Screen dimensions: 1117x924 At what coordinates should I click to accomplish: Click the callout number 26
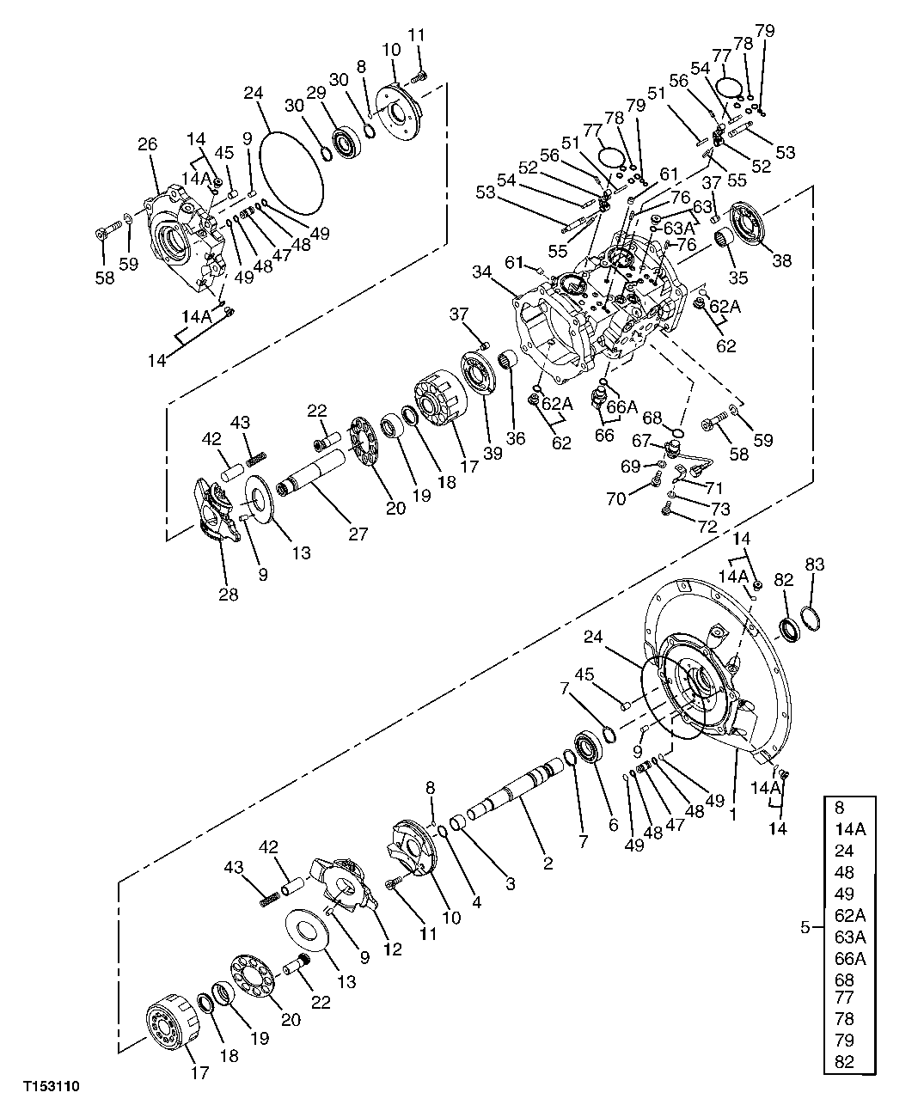tap(147, 146)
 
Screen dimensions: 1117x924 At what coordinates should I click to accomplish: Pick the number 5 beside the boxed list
tap(805, 926)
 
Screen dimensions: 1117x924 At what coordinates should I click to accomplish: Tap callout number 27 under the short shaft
tap(358, 534)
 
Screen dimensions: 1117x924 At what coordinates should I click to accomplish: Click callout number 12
tap(392, 949)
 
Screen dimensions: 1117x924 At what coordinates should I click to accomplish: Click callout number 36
tap(514, 437)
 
